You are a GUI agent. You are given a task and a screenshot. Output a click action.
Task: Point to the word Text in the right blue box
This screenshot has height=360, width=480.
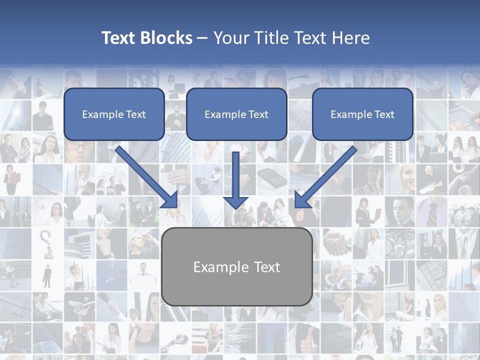click(384, 114)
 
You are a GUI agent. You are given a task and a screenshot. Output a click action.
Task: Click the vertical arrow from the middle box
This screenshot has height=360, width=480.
click(236, 175)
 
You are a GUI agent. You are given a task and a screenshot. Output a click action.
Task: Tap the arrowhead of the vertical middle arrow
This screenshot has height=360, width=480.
click(236, 202)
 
